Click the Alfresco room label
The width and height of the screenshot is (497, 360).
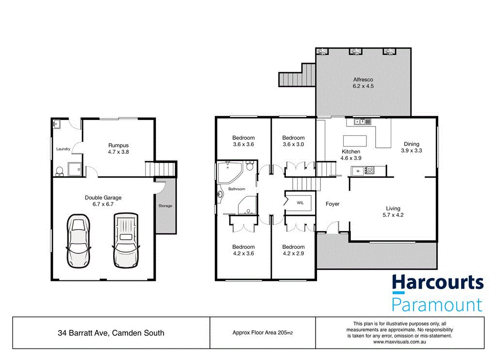coord(363,82)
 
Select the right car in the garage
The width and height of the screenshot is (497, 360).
coord(126,238)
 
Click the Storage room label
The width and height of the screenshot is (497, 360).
coord(165,206)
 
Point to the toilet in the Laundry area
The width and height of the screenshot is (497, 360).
coord(59,170)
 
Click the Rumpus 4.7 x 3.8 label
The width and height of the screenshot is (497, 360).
coord(118,148)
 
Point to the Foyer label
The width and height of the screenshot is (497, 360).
coord(332,204)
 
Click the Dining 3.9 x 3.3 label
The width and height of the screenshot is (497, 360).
coord(412,147)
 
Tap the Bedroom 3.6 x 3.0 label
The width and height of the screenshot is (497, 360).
coord(293,141)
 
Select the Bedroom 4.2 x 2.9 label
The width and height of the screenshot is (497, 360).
coord(293,250)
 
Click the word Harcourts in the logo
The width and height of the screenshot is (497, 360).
coord(437,283)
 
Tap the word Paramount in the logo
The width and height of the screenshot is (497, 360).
coord(437,304)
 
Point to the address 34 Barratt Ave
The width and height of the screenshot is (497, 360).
coord(111,333)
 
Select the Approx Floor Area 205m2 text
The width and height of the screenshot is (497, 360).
coord(263,333)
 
